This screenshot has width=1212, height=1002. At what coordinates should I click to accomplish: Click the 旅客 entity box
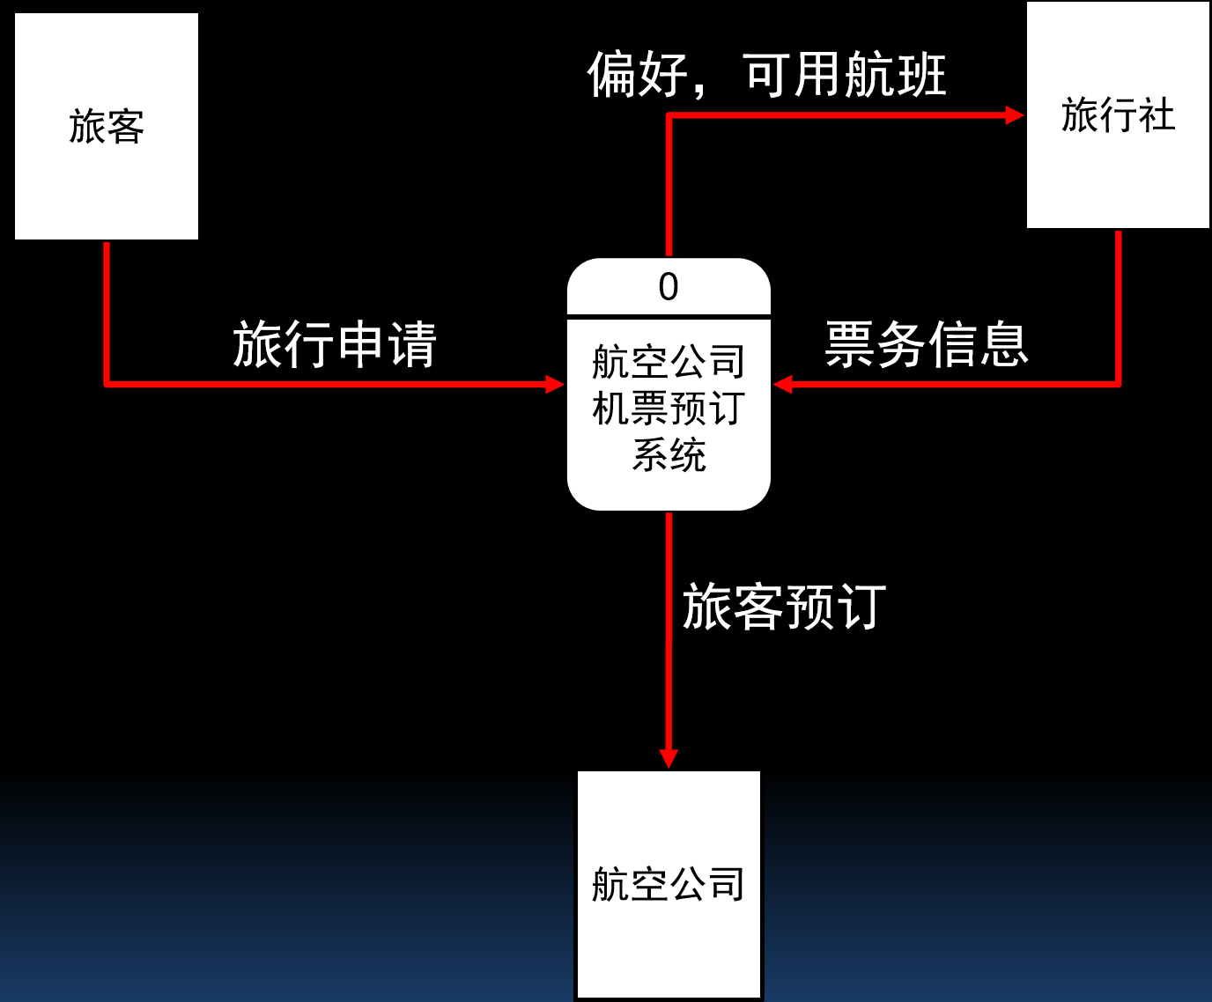(107, 126)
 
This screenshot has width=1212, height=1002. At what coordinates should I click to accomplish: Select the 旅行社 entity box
(1118, 115)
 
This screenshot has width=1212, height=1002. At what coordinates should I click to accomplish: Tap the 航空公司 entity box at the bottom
(669, 884)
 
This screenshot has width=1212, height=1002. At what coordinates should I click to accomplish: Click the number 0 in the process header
(669, 287)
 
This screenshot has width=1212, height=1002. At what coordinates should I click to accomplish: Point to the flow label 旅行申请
(335, 343)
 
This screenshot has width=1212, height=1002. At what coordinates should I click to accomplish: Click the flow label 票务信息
(927, 343)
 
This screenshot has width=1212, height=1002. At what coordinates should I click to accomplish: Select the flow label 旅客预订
(784, 607)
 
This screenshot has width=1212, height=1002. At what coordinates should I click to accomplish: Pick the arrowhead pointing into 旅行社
(1015, 115)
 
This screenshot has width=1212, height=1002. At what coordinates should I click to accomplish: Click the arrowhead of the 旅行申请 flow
(555, 384)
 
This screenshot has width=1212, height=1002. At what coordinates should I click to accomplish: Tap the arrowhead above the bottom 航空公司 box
(669, 758)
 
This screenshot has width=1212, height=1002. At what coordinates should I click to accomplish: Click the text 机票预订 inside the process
(669, 409)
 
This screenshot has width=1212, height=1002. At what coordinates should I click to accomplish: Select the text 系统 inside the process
(669, 455)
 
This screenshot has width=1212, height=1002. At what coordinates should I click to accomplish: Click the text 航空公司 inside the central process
(669, 362)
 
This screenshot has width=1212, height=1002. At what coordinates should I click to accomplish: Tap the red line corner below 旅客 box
(107, 384)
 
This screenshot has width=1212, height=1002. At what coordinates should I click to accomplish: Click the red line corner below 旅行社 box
(1118, 384)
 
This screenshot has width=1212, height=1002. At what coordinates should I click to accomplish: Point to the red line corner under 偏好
(669, 115)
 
